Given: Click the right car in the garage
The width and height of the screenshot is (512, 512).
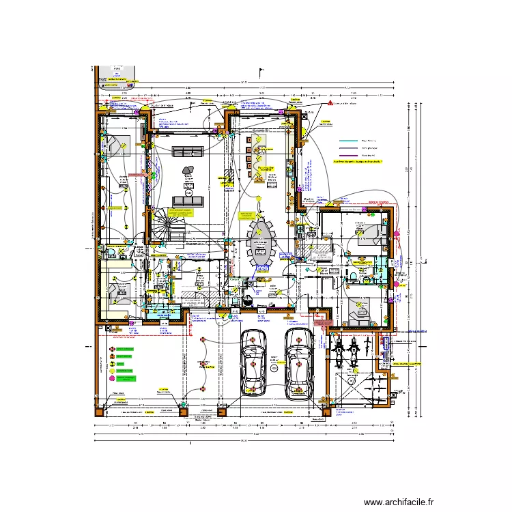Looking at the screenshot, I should coord(299,363).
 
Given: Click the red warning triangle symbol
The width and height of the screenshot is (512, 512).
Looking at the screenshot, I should coord(329,102).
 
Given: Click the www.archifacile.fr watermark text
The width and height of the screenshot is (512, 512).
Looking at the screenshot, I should coord(399,502).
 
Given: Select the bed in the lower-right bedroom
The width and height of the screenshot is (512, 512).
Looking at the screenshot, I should coord(359,311).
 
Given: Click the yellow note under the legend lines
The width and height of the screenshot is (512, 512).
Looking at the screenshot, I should coord(358,162).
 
